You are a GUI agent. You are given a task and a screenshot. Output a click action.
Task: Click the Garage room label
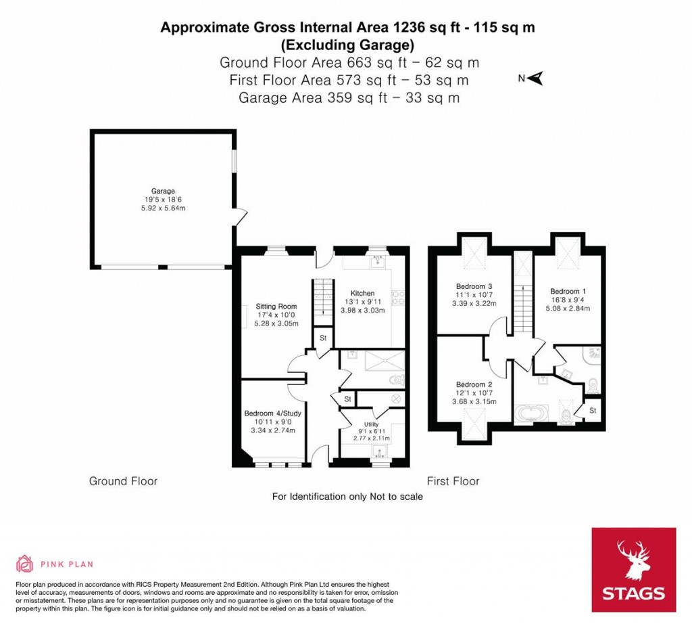point(164,191)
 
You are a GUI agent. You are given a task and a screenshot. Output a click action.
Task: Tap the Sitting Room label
point(276,307)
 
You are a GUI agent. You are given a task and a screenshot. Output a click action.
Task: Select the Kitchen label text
point(362,293)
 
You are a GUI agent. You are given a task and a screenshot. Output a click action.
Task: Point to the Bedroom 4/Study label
point(273,413)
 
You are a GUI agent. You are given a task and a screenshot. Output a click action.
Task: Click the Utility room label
point(371,424)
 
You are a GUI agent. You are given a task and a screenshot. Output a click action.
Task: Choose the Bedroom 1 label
point(568,291)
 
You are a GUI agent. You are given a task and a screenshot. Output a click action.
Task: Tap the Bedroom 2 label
point(474,384)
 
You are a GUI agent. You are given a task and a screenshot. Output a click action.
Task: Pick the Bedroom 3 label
point(474,286)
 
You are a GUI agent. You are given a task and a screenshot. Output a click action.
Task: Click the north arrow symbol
point(535,78)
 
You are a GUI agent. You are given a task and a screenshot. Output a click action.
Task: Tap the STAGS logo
point(634,570)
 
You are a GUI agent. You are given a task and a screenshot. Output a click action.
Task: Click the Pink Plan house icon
point(25,564)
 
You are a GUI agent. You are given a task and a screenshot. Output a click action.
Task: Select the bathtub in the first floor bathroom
point(532,414)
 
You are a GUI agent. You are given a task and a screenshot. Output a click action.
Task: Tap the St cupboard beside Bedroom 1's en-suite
point(593,411)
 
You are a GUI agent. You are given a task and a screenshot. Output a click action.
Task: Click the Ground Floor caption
point(123,481)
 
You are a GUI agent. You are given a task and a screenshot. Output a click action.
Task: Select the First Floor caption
point(453,481)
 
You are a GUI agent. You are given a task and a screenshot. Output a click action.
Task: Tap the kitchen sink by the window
point(378,262)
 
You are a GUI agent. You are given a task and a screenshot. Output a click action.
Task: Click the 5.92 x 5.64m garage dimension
point(164,208)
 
